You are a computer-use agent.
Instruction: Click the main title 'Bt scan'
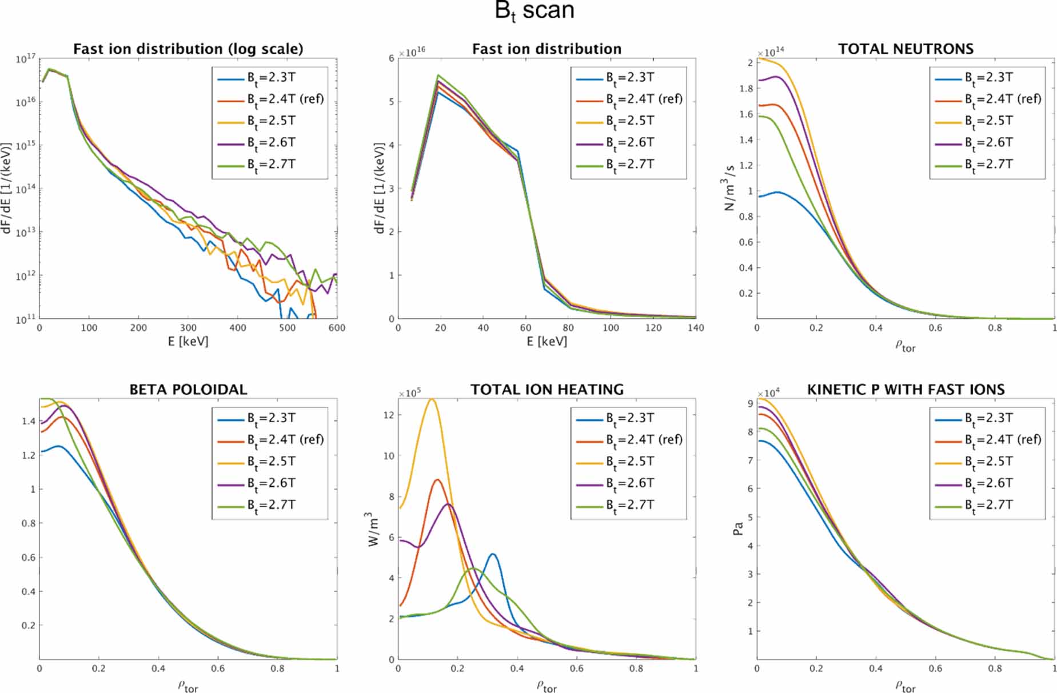(x=534, y=11)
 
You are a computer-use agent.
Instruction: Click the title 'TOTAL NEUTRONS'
(x=906, y=49)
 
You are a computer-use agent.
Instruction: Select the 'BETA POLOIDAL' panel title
(x=188, y=390)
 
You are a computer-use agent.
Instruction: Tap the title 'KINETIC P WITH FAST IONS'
(x=906, y=390)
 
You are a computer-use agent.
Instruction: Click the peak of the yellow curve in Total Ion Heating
(x=432, y=399)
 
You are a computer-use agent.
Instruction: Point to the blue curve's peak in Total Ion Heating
(x=492, y=554)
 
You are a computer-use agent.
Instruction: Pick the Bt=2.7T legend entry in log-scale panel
(x=271, y=165)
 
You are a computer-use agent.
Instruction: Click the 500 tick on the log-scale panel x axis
(x=287, y=328)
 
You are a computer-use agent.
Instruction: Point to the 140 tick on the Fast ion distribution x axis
(x=695, y=328)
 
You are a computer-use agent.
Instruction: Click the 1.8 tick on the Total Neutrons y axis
(x=745, y=89)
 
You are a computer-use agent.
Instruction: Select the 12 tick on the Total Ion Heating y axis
(x=389, y=415)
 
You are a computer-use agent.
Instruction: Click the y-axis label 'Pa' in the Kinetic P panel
(x=738, y=529)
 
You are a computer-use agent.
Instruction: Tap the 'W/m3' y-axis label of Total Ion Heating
(x=373, y=529)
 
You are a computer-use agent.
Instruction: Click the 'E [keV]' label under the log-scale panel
(x=188, y=342)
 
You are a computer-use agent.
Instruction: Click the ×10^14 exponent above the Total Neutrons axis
(x=771, y=53)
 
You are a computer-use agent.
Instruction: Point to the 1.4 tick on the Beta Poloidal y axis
(x=29, y=421)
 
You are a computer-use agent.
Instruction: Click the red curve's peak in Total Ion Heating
(x=437, y=480)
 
